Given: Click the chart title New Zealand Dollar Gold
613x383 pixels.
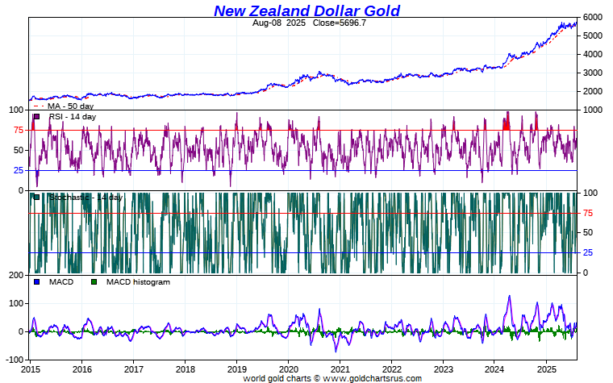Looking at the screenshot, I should point(306,10).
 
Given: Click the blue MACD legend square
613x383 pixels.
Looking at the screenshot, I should point(35,281).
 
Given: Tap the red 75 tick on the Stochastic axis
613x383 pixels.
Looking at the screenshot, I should point(589,213).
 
